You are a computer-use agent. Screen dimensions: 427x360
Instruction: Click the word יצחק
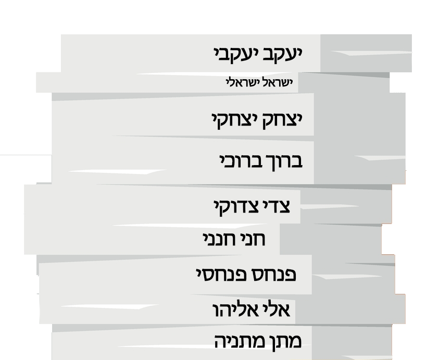[x=282, y=120]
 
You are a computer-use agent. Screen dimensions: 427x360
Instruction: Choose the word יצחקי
[x=234, y=120]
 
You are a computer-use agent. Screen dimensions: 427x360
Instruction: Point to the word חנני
[x=219, y=239]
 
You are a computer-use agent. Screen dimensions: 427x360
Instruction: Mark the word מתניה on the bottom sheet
[x=237, y=341]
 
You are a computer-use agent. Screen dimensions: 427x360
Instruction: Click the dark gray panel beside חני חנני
[x=331, y=239]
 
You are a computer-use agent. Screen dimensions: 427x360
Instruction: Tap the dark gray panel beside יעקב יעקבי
[x=366, y=53]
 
